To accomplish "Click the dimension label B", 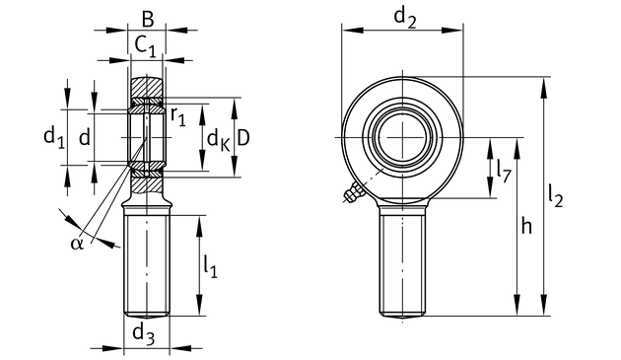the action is (x=147, y=19).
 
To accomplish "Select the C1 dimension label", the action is (x=145, y=45).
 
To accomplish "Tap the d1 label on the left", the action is (x=54, y=138).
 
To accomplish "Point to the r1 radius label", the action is (x=178, y=116).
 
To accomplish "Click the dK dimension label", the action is (x=218, y=140).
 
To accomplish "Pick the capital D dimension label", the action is (x=243, y=138).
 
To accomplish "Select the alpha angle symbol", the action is (x=77, y=244).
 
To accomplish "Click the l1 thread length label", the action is (x=210, y=266).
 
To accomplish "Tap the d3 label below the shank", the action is (x=143, y=333).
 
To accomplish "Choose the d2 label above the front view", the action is (x=405, y=18).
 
